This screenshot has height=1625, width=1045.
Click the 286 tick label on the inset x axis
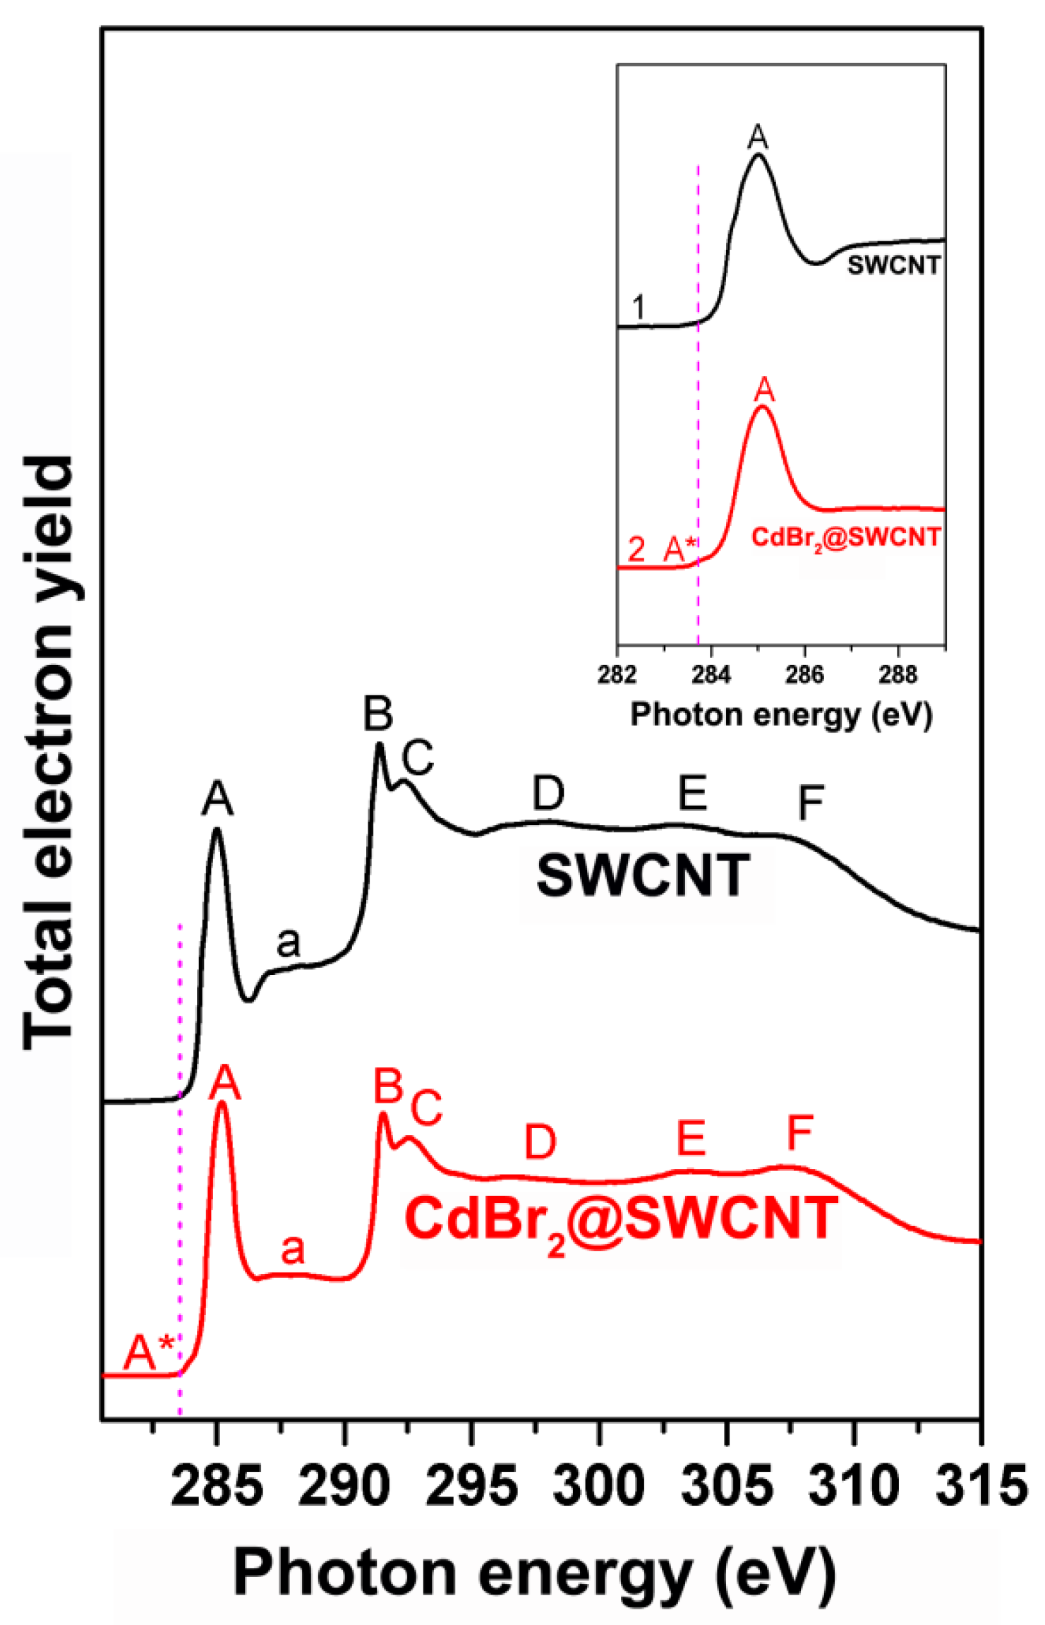click(x=804, y=675)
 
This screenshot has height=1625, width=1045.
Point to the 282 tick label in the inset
click(x=617, y=675)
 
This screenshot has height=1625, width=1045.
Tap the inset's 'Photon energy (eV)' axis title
click(x=781, y=714)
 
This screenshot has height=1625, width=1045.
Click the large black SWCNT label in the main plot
click(x=643, y=876)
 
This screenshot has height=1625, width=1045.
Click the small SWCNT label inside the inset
click(x=893, y=265)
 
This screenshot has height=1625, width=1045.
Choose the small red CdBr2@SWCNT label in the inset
click(x=845, y=538)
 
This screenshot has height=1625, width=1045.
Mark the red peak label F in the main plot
click(x=800, y=1133)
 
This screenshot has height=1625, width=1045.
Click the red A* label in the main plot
click(x=150, y=1353)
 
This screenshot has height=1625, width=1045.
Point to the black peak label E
click(x=692, y=793)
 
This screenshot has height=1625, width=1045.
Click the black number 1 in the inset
click(x=639, y=308)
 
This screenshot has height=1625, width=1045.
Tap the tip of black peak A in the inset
click(x=759, y=155)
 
